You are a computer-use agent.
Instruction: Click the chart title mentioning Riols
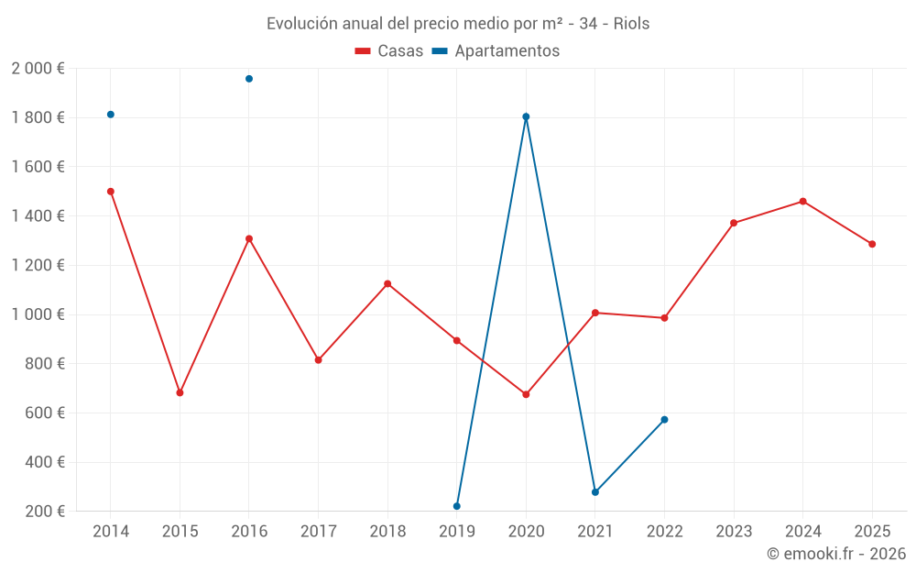pyautogui.click(x=458, y=24)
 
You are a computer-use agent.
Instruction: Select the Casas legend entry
pyautogui.click(x=389, y=51)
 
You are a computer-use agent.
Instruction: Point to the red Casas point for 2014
pyautogui.click(x=111, y=192)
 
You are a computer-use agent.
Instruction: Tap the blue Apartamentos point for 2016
pyautogui.click(x=249, y=79)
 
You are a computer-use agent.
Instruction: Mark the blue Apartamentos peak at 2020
pyautogui.click(x=526, y=116)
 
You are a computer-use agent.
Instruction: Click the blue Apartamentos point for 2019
pyautogui.click(x=457, y=506)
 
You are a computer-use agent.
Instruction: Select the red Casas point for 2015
pyautogui.click(x=180, y=392)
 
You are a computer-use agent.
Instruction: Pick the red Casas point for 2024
pyautogui.click(x=803, y=202)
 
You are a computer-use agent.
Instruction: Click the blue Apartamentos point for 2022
pyautogui.click(x=664, y=420)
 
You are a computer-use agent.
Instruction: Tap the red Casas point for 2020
pyautogui.click(x=526, y=394)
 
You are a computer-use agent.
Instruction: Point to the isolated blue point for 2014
pyautogui.click(x=111, y=115)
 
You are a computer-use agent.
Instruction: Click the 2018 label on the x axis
pyautogui.click(x=387, y=531)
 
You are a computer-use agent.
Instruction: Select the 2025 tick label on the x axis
pyautogui.click(x=872, y=531)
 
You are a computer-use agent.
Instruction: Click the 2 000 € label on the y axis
pyautogui.click(x=38, y=69)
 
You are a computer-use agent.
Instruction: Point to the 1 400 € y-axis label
pyautogui.click(x=38, y=216)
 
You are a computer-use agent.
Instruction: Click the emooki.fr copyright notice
pyautogui.click(x=835, y=554)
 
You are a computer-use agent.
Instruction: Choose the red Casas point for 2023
pyautogui.click(x=734, y=223)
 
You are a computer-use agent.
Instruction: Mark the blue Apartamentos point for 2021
pyautogui.click(x=595, y=492)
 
